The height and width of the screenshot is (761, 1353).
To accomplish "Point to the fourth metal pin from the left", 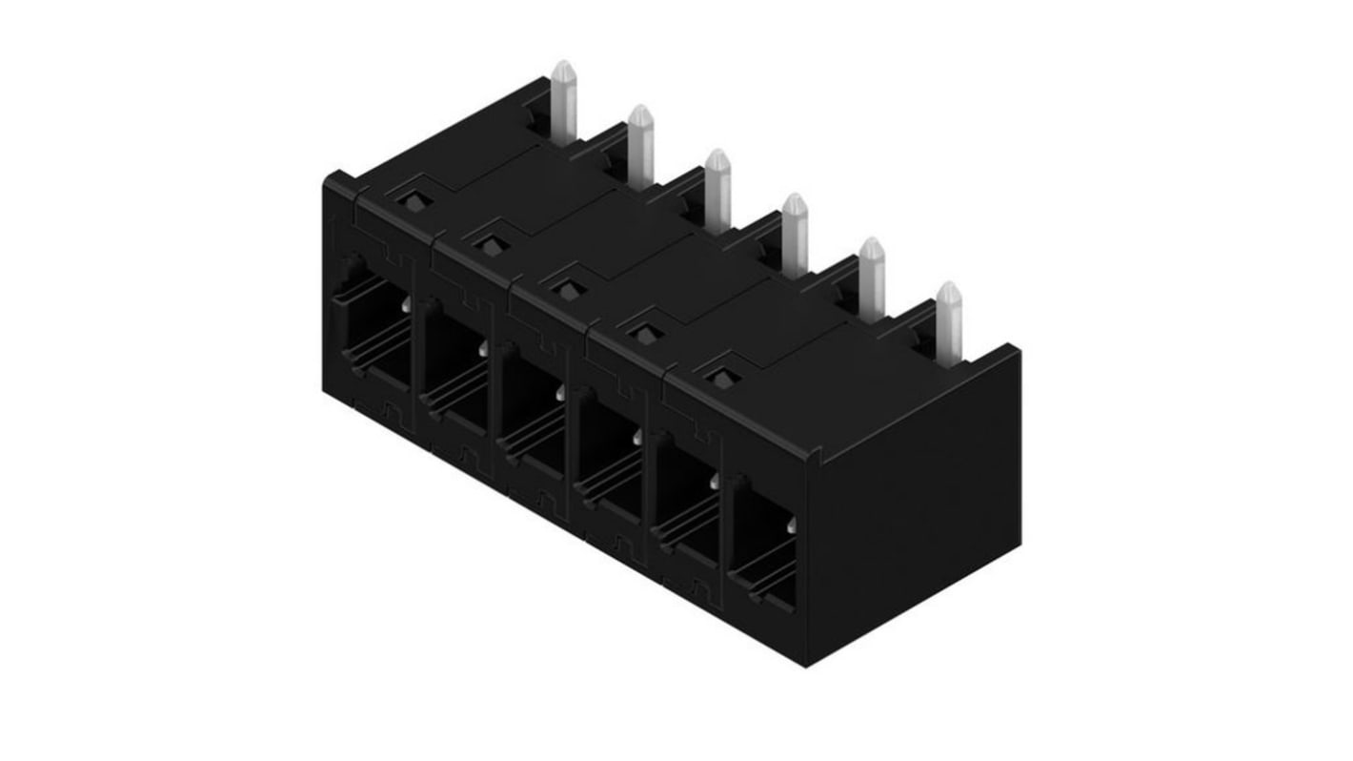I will (x=795, y=234).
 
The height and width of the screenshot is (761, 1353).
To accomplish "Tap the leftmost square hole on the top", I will (x=413, y=202).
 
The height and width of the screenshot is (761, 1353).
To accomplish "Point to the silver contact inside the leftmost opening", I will (x=407, y=304).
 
